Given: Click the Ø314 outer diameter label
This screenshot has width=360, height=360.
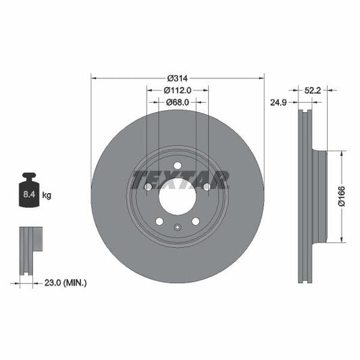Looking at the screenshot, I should (177, 76).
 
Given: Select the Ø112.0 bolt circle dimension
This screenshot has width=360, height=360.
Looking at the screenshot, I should (177, 89).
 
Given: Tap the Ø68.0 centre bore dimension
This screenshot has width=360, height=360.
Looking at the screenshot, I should (177, 102).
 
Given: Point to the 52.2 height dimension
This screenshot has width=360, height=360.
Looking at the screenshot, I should (312, 89).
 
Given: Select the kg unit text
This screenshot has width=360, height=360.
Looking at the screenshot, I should (47, 195).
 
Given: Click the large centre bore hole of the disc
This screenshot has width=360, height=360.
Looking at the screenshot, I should (177, 196).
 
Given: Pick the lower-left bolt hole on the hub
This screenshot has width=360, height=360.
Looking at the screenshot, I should (159, 221).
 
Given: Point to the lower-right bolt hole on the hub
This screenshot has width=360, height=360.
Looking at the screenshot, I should (195, 221).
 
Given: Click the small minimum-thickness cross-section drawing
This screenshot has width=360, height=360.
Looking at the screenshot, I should (30, 251).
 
